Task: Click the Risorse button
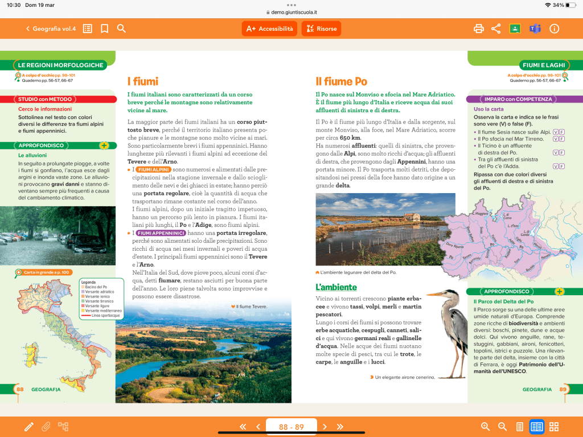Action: [x=319, y=28]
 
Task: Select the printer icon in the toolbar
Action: [x=479, y=28]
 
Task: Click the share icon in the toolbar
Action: [x=496, y=28]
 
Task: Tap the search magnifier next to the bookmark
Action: [x=121, y=28]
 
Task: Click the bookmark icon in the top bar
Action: [x=104, y=28]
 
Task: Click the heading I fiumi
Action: [x=142, y=81]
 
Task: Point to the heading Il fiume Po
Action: [x=342, y=81]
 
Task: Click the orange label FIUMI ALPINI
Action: [x=154, y=170]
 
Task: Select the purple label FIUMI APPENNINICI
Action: [x=161, y=233]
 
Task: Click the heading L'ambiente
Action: [x=336, y=287]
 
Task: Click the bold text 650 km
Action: [x=350, y=138]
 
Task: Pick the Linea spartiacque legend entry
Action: [x=106, y=315]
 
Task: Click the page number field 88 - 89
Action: [x=291, y=427]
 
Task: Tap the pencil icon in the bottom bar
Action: [x=28, y=427]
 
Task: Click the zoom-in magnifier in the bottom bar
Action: [x=485, y=427]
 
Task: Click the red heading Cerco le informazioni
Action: [x=45, y=109]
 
